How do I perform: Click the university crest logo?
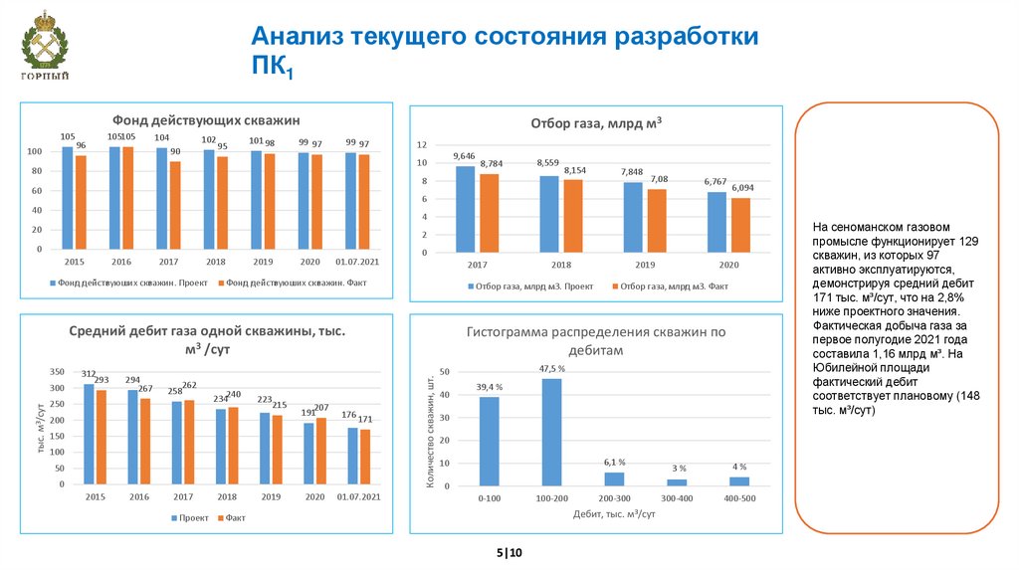point(45,47)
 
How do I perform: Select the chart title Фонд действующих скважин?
point(206,119)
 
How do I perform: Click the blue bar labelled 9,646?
point(465,209)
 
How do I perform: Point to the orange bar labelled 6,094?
point(740,225)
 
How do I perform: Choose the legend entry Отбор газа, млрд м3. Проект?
point(528,286)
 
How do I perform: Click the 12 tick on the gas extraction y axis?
point(421,144)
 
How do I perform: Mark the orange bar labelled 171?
point(364,457)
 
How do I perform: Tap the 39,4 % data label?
point(489,387)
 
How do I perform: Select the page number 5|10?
point(509,553)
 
